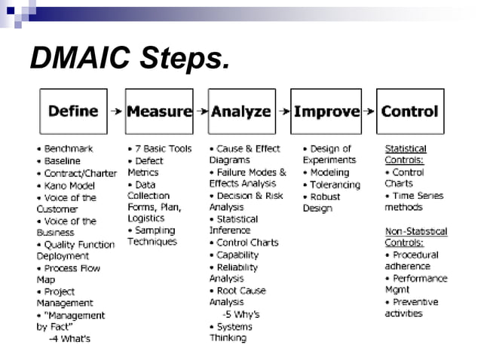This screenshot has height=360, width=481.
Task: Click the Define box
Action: click(73, 111)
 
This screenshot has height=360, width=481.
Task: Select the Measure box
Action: click(159, 111)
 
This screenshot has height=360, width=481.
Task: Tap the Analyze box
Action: click(241, 111)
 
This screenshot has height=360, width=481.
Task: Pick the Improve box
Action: click(326, 111)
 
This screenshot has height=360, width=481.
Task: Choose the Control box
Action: click(409, 111)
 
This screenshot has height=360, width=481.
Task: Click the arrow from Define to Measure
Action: click(116, 111)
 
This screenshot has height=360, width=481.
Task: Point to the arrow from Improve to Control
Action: click(368, 111)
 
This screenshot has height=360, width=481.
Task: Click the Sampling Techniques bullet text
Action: click(153, 236)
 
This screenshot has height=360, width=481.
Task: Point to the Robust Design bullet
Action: click(322, 202)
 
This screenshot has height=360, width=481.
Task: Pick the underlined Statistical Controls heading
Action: click(406, 154)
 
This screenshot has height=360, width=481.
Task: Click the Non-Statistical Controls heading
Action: click(415, 237)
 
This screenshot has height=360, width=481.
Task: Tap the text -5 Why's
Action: click(240, 314)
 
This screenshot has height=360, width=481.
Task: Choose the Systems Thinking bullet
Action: click(234, 332)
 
